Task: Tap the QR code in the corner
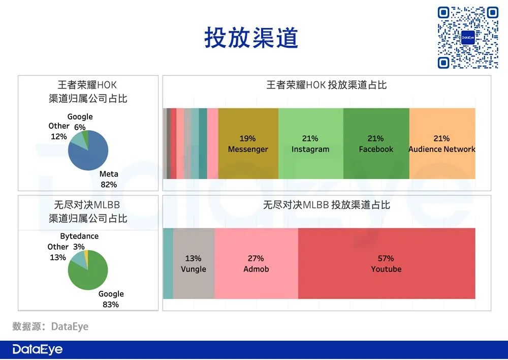pyautogui.click(x=468, y=38)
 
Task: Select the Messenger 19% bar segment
pyautogui.click(x=248, y=143)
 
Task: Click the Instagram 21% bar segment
pyautogui.click(x=310, y=143)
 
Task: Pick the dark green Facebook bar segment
pyautogui.click(x=376, y=143)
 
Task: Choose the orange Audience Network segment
pyautogui.click(x=442, y=143)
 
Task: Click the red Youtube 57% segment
pyautogui.click(x=386, y=263)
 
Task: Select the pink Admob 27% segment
pyautogui.click(x=256, y=263)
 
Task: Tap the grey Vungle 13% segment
pyautogui.click(x=194, y=263)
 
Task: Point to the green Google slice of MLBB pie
pyautogui.click(x=91, y=272)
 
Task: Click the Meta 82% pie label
pyautogui.click(x=108, y=179)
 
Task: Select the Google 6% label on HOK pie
pyautogui.click(x=80, y=122)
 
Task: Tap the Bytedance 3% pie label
pyautogui.click(x=79, y=242)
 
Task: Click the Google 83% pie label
pyautogui.click(x=111, y=299)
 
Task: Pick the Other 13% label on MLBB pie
pyautogui.click(x=58, y=252)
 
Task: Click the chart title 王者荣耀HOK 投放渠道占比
pyautogui.click(x=326, y=85)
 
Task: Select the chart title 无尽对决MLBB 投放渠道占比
pyautogui.click(x=326, y=205)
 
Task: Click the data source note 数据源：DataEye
pyautogui.click(x=50, y=326)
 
